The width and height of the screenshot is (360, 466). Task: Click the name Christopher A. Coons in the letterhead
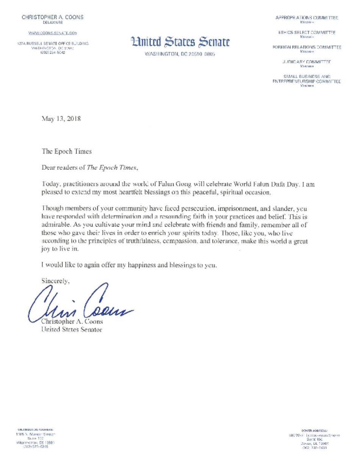tap(52, 17)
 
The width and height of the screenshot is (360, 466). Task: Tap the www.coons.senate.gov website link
tap(53, 33)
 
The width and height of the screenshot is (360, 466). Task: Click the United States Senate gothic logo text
tap(180, 41)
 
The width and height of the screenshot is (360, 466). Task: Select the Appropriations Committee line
tap(307, 18)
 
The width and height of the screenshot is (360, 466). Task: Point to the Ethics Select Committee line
tap(307, 33)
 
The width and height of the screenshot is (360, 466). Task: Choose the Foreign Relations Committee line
tap(307, 47)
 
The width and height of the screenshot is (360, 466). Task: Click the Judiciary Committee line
tap(307, 62)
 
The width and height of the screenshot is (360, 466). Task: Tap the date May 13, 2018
tap(61, 119)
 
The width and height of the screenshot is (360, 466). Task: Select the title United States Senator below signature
tap(72, 330)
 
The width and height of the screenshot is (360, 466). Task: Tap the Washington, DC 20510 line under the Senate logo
tap(180, 54)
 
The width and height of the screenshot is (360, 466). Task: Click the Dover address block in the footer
tap(315, 439)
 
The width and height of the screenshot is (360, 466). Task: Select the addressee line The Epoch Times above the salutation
tap(67, 151)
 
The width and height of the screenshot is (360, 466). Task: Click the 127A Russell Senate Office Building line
tap(53, 44)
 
